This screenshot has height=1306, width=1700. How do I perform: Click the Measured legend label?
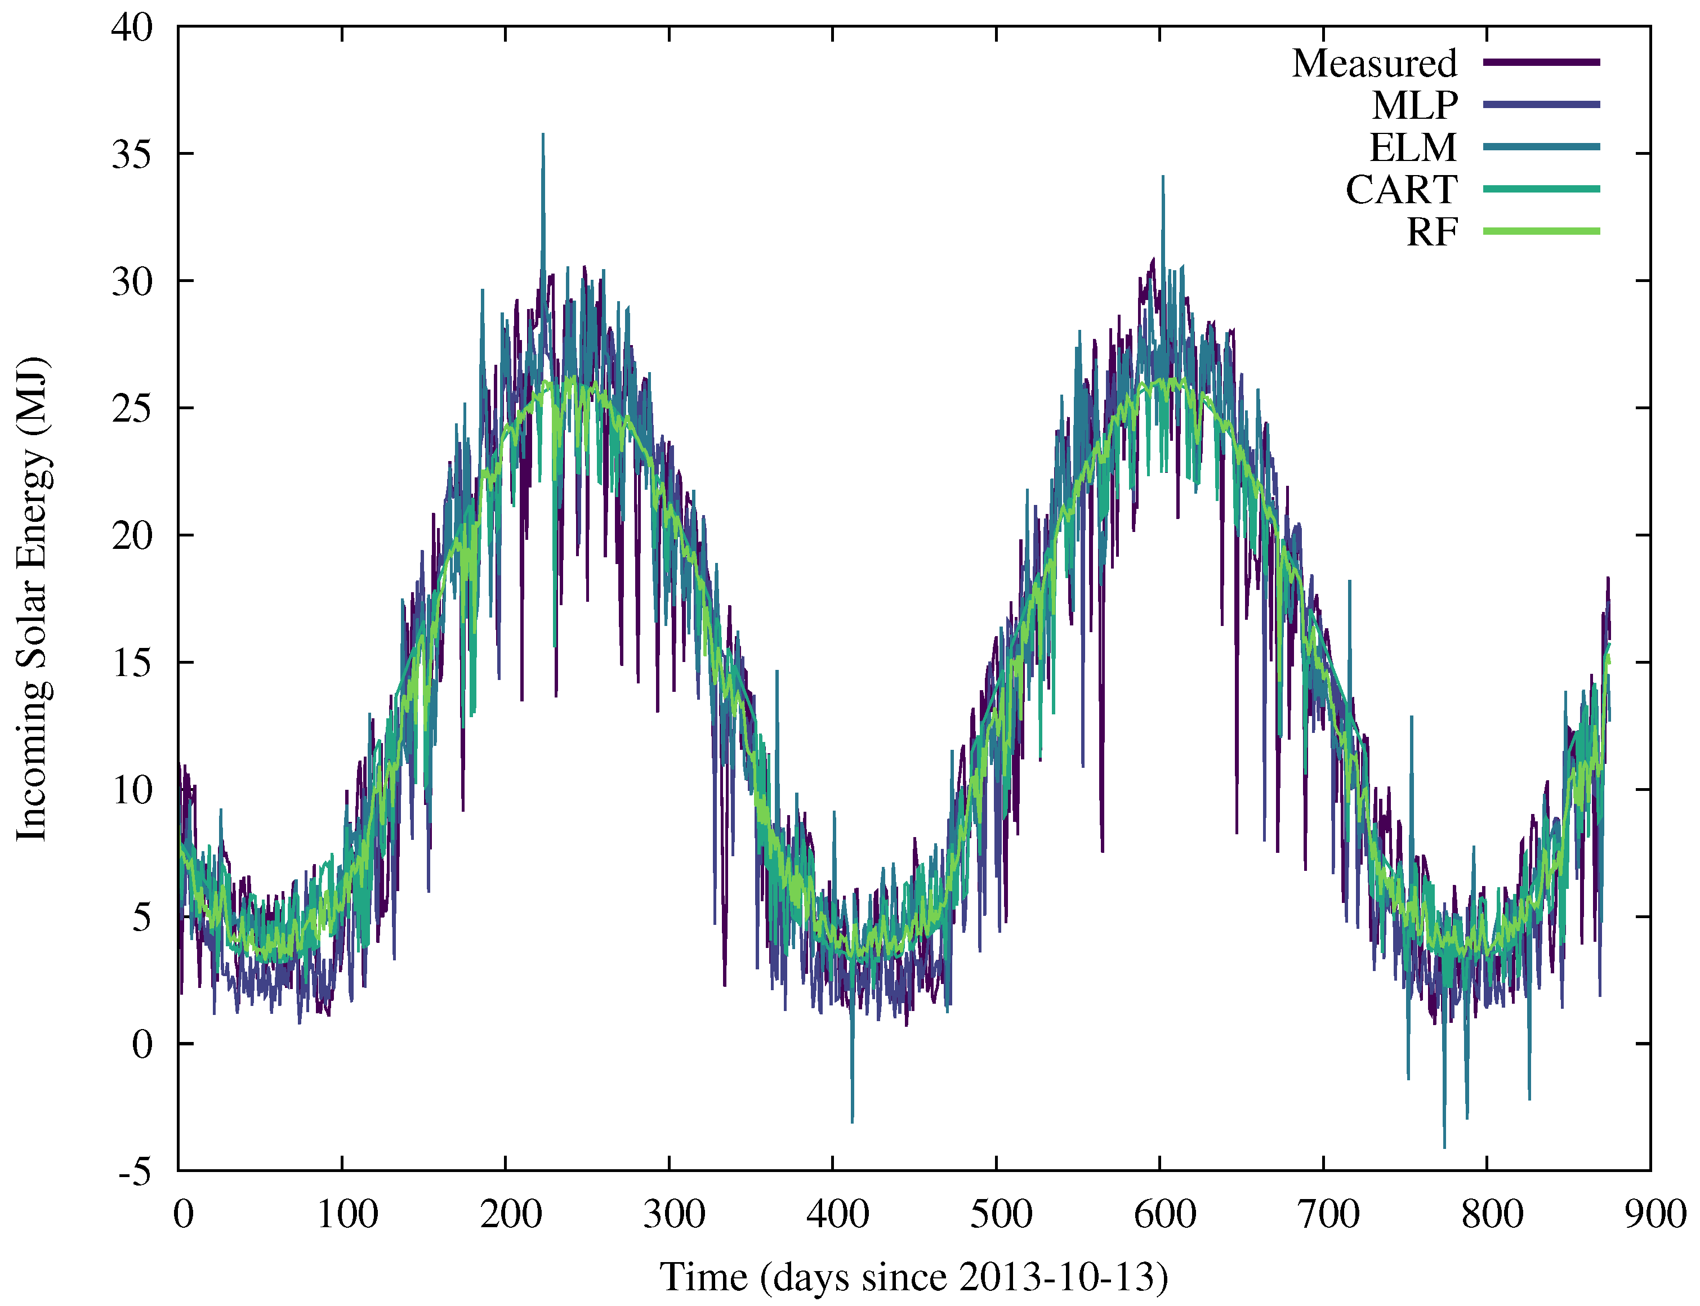pyautogui.click(x=1373, y=63)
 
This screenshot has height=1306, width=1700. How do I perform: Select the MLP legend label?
pyautogui.click(x=1414, y=105)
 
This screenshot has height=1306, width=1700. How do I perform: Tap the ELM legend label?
pyautogui.click(x=1412, y=147)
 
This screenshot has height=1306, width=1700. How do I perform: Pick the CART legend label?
pyautogui.click(x=1400, y=189)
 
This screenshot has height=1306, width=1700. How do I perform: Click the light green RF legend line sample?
pyautogui.click(x=1541, y=231)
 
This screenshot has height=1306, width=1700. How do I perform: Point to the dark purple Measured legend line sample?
pyautogui.click(x=1541, y=62)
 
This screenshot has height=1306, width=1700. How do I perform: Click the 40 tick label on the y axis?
pyautogui.click(x=133, y=27)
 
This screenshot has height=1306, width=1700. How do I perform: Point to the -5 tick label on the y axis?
pyautogui.click(x=136, y=1171)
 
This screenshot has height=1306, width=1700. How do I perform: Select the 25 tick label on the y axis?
pyautogui.click(x=133, y=408)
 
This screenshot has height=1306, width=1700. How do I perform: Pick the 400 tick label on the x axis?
pyautogui.click(x=837, y=1214)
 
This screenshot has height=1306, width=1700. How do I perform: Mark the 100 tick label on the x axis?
pyautogui.click(x=347, y=1214)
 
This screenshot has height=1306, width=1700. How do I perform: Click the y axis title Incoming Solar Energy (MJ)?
pyautogui.click(x=33, y=598)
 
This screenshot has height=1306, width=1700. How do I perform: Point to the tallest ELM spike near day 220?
pyautogui.click(x=543, y=136)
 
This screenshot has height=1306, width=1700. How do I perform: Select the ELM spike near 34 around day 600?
pyautogui.click(x=1163, y=178)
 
